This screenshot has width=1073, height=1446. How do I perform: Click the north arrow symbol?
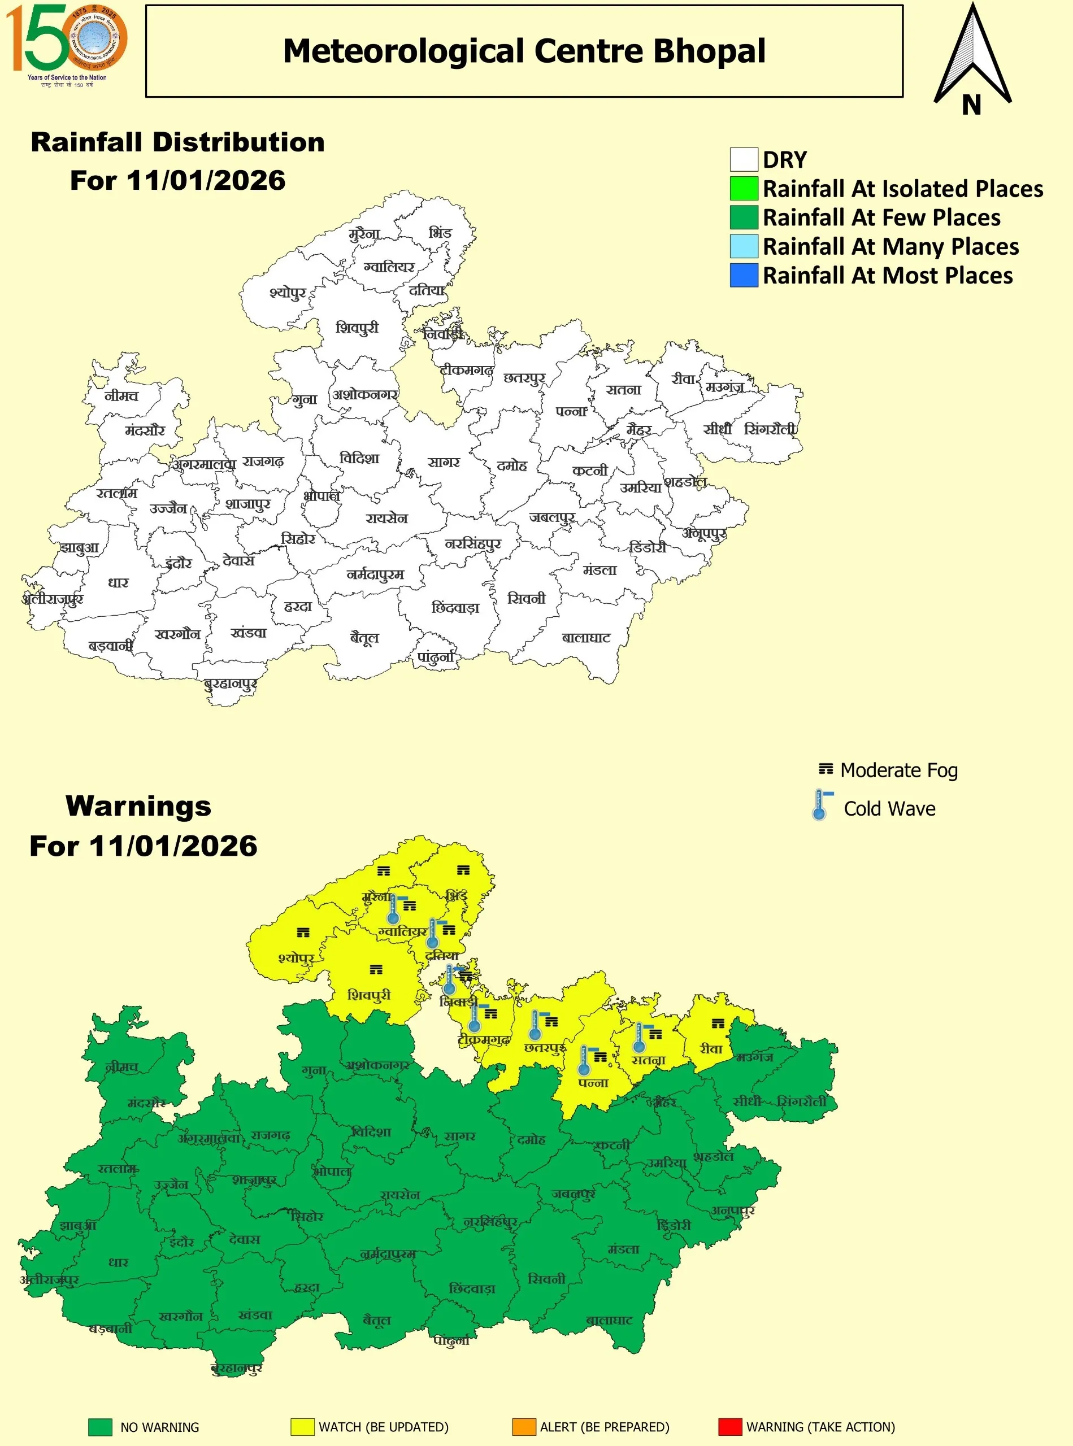pos(972,58)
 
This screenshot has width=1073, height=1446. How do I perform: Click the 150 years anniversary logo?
pos(66,43)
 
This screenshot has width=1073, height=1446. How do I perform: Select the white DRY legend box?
pos(744,159)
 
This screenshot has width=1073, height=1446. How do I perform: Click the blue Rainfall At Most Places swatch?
pos(744,275)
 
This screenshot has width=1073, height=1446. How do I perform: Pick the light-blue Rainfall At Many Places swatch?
pos(744,246)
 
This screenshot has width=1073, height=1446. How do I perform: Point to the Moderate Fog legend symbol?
pos(825,769)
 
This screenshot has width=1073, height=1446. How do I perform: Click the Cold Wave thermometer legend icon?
pos(820,805)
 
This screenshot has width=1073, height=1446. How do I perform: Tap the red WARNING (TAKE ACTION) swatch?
pos(729,1427)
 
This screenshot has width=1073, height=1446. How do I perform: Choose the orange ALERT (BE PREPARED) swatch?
pos(524,1427)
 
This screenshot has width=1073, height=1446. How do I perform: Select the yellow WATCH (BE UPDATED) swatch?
pos(302,1427)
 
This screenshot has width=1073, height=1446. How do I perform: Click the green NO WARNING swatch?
pos(100,1427)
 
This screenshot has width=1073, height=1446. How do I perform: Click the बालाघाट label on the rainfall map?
pos(586,638)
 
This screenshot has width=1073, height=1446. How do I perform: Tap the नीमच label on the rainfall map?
pos(121,395)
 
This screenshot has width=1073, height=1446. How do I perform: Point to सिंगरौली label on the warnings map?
pos(802,1101)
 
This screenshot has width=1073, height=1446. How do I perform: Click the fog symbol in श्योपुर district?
pos(303,933)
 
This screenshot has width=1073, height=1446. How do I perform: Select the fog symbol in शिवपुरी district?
pos(375,969)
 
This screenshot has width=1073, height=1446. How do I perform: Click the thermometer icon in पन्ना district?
pos(584,1061)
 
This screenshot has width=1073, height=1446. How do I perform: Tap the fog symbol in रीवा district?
pos(717,1024)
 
